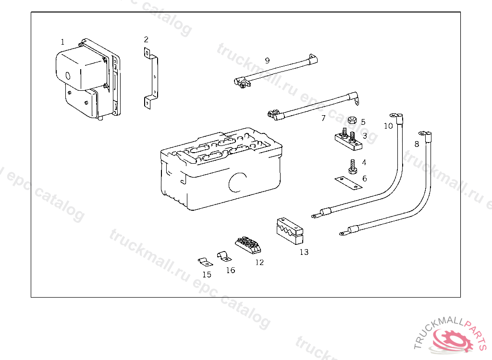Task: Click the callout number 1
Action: click(x=62, y=42)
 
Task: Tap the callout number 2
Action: click(x=146, y=39)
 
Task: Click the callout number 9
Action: click(x=267, y=60)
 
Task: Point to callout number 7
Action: click(x=323, y=118)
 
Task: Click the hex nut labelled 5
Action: click(x=351, y=120)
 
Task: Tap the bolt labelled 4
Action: click(x=352, y=167)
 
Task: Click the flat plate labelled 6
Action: click(x=348, y=182)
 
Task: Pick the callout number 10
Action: click(x=388, y=126)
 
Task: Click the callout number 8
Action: click(x=417, y=144)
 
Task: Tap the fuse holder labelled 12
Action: click(x=248, y=245)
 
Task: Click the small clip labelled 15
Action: click(x=204, y=262)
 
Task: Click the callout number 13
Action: click(x=304, y=252)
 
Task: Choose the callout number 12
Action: click(x=259, y=263)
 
